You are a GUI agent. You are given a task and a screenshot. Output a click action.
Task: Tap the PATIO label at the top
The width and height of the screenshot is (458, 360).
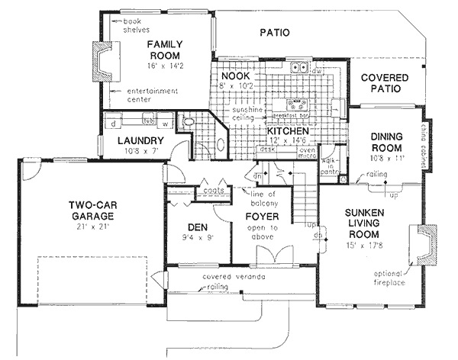[x=274, y=33]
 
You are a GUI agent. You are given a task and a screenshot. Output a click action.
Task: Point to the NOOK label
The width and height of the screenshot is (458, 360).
[x=236, y=76]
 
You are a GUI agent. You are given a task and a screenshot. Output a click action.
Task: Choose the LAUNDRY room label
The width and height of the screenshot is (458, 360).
[x=140, y=141]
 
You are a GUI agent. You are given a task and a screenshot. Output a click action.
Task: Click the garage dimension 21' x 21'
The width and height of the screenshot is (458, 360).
[x=90, y=227]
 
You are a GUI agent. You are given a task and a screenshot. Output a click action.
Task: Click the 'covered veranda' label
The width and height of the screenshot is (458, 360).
[x=233, y=276]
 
